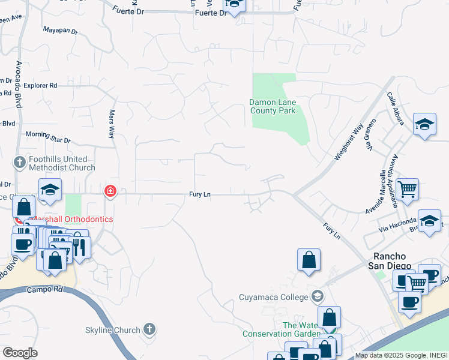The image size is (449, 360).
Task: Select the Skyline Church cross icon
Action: [150, 329]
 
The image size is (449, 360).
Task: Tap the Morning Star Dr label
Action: [48, 137]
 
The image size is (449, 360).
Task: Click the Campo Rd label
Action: [44, 289]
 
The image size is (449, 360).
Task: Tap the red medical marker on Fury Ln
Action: [110, 191]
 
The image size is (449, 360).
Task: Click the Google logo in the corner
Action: [20, 353]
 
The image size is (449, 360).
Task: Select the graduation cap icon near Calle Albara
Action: [424, 125]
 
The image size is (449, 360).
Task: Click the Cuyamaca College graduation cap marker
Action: [317, 296]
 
